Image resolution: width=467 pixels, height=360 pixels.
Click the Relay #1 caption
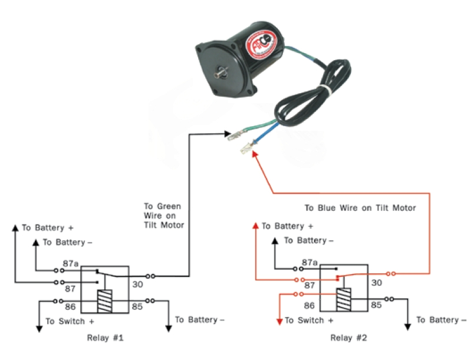(x=104, y=338)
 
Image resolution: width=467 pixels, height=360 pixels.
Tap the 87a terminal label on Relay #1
(x=71, y=264)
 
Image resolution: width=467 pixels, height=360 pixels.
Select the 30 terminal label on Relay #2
(x=378, y=283)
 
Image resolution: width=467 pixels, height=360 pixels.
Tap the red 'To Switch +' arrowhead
(x=279, y=321)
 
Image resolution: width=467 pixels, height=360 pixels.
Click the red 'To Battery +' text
(x=287, y=226)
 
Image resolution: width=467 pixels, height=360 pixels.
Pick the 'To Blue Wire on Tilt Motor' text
(x=360, y=208)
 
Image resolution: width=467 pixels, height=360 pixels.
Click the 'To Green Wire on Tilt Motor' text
(x=163, y=216)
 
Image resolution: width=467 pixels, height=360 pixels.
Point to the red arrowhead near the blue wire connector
(x=254, y=153)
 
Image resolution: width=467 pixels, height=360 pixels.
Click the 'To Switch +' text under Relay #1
(x=70, y=322)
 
